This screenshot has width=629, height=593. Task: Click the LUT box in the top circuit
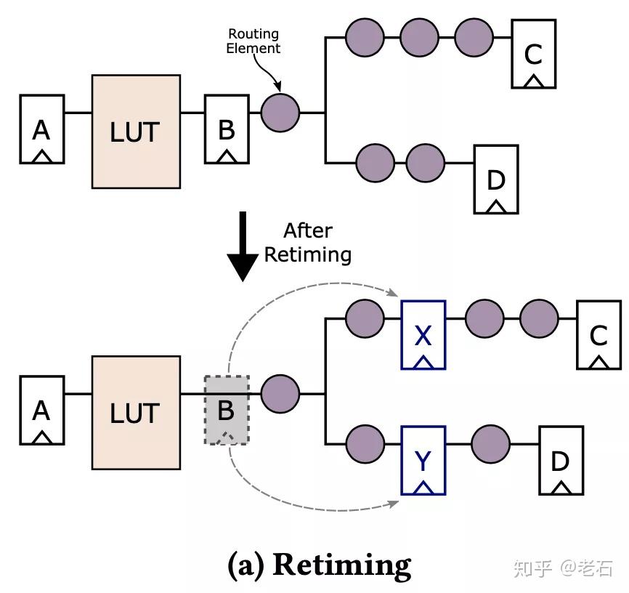[135, 132]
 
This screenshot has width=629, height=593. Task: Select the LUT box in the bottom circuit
[135, 412]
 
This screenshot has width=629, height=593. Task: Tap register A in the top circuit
[41, 129]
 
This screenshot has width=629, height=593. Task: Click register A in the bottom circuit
[41, 410]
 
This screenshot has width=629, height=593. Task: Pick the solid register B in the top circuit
[226, 129]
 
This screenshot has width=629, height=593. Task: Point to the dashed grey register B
[226, 410]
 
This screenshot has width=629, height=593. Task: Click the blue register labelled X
[423, 334]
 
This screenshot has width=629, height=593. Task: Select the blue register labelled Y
[423, 460]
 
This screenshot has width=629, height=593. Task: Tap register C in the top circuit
[533, 54]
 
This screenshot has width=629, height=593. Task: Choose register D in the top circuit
[495, 179]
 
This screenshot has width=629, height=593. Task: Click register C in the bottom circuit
[598, 334]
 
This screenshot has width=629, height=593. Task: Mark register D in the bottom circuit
[560, 460]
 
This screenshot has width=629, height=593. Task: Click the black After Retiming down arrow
[243, 246]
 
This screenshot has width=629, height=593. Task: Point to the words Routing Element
[253, 41]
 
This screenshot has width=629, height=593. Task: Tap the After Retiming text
[307, 243]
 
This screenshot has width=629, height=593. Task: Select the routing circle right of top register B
[280, 113]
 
